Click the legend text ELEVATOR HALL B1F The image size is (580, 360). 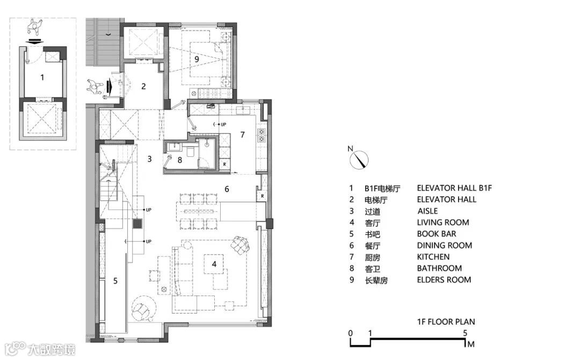click(x=454, y=188)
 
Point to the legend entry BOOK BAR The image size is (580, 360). click(x=437, y=234)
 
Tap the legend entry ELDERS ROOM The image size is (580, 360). click(x=444, y=280)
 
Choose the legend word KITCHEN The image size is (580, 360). click(x=433, y=257)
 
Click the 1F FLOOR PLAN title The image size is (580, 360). click(x=446, y=322)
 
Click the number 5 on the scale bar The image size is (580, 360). click(x=465, y=333)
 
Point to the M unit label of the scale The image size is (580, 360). click(x=471, y=344)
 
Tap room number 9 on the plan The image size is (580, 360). click(x=197, y=58)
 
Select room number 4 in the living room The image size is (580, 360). click(x=214, y=264)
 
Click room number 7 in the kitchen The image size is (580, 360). click(x=242, y=134)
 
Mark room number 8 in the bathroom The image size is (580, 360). click(x=180, y=160)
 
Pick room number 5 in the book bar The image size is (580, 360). click(x=115, y=280)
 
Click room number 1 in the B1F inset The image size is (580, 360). click(x=42, y=77)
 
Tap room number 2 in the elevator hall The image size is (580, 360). click(x=144, y=86)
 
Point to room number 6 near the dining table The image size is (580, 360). click(x=227, y=189)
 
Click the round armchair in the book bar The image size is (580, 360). click(x=143, y=308)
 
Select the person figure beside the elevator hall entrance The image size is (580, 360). click(x=97, y=87)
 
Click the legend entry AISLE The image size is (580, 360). click(x=427, y=211)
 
